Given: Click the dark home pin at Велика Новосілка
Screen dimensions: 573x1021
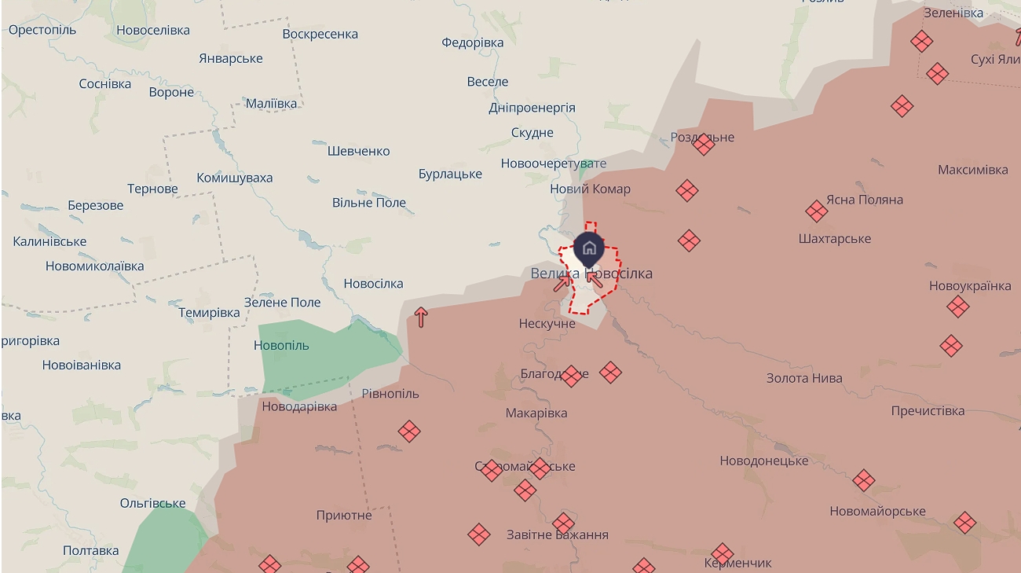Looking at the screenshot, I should pyautogui.click(x=589, y=249).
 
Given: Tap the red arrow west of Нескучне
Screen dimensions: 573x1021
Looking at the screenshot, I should pyautogui.click(x=421, y=317).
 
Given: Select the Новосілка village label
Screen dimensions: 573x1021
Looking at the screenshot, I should pyautogui.click(x=373, y=284).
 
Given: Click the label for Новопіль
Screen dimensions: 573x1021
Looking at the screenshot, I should pyautogui.click(x=281, y=345).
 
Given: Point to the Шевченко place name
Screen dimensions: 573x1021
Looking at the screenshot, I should pyautogui.click(x=358, y=151).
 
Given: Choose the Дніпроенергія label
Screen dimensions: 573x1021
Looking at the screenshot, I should pyautogui.click(x=532, y=108).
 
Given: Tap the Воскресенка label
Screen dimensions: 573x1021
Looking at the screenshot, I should pyautogui.click(x=320, y=34).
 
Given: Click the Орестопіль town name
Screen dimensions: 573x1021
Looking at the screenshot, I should pyautogui.click(x=42, y=30).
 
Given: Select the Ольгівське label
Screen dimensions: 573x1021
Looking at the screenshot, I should pyautogui.click(x=152, y=503).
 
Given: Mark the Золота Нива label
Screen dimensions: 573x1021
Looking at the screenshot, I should pyautogui.click(x=804, y=378).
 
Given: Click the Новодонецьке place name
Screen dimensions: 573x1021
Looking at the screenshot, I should pyautogui.click(x=763, y=461).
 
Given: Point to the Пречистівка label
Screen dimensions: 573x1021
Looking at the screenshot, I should pyautogui.click(x=928, y=411).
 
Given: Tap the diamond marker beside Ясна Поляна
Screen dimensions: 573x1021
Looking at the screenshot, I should pyautogui.click(x=816, y=211).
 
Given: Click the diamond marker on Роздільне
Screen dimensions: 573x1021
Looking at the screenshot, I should pyautogui.click(x=703, y=144).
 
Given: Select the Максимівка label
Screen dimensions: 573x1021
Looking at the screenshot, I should pyautogui.click(x=972, y=170).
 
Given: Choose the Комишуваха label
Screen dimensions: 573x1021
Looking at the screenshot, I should pyautogui.click(x=234, y=178).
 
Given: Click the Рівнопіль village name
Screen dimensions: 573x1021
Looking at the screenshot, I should pyautogui.click(x=390, y=393).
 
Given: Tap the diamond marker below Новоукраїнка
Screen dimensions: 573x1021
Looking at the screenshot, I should pyautogui.click(x=957, y=307).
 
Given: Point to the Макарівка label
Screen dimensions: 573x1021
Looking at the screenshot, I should pyautogui.click(x=536, y=413).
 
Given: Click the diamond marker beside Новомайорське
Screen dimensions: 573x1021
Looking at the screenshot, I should pyautogui.click(x=863, y=479).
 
